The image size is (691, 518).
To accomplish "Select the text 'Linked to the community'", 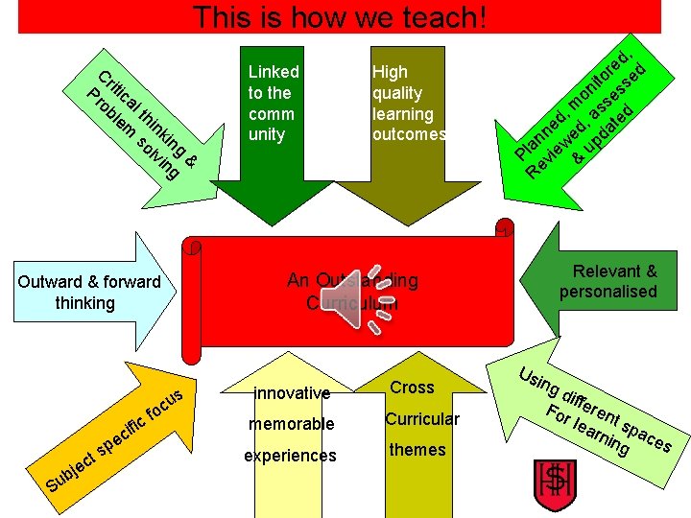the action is [x=274, y=103].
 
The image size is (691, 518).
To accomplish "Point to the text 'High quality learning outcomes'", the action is [x=408, y=103].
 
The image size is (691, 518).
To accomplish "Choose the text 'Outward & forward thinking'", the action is [x=89, y=292].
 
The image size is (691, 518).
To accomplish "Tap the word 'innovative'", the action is [x=292, y=392].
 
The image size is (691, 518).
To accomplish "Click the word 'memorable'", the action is [x=292, y=424].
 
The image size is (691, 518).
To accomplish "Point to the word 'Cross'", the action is [x=412, y=387].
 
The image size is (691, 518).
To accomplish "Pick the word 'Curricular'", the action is [x=422, y=418].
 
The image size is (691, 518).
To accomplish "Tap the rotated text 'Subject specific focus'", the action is [x=111, y=433].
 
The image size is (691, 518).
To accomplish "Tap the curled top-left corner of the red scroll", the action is [x=195, y=248].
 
